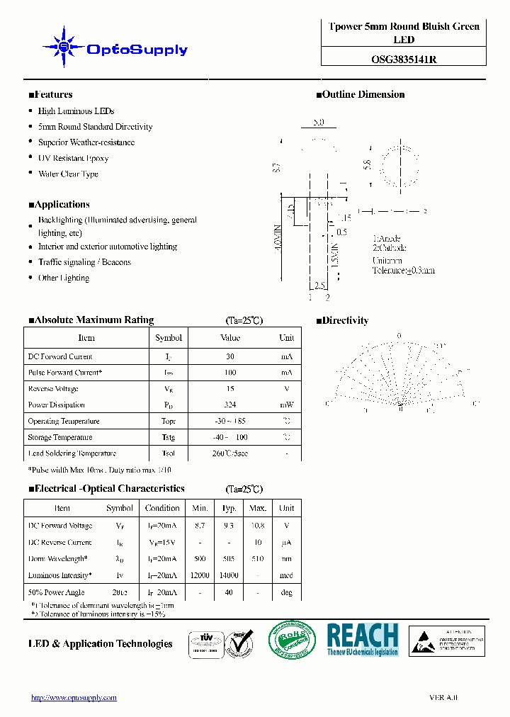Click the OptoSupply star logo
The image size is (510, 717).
(x=64, y=47)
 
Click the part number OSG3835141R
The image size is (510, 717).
(x=404, y=60)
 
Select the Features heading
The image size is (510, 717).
(x=50, y=94)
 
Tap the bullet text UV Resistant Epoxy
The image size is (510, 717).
(x=73, y=158)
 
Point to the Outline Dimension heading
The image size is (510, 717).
(x=361, y=94)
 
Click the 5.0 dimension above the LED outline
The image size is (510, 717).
(x=318, y=122)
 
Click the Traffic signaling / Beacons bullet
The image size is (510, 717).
(x=84, y=262)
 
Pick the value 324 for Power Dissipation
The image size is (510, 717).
(x=230, y=405)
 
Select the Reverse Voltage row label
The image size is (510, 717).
(x=53, y=389)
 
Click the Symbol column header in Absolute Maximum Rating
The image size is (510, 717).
(x=169, y=338)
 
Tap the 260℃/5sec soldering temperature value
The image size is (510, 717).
(x=230, y=453)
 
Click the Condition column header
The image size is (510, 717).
(x=162, y=508)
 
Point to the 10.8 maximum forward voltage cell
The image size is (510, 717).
(x=258, y=526)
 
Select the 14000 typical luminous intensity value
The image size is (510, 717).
(x=229, y=576)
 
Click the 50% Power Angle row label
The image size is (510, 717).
(x=56, y=592)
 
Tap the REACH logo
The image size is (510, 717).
(x=363, y=640)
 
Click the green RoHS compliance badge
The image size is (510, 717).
(x=291, y=640)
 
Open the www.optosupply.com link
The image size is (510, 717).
(x=74, y=698)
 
